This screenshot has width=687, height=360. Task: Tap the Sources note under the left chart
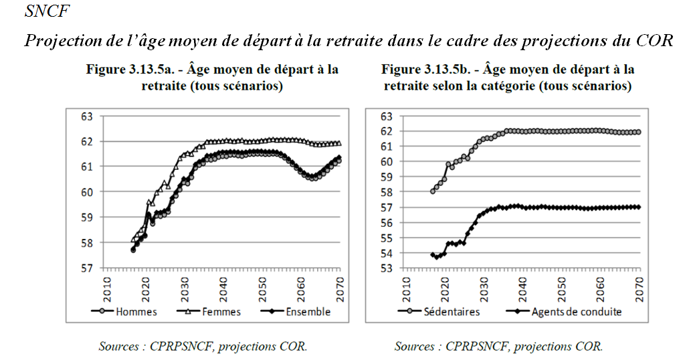203,346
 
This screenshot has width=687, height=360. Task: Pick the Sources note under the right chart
498,346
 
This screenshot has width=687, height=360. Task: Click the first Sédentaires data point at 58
433,191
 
